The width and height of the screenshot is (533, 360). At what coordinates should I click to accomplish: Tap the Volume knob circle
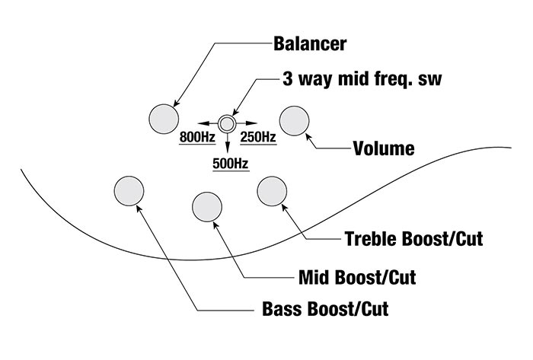tap(295, 120)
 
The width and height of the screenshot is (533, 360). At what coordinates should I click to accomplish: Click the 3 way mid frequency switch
tap(226, 121)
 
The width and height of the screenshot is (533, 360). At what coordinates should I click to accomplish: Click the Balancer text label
tap(310, 43)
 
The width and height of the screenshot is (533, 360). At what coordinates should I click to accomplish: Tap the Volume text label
tap(384, 148)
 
